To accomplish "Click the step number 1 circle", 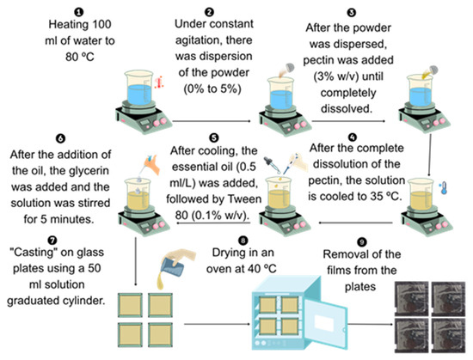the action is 79,12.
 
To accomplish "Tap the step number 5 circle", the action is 213,137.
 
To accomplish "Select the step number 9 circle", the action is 362,242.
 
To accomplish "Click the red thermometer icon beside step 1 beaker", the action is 159,82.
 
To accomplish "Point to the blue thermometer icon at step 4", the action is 443,187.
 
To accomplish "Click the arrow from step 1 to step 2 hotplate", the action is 212,121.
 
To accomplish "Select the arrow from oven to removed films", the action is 371,325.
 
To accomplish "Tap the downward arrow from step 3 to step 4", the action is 429,156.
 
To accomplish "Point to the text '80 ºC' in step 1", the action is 80,57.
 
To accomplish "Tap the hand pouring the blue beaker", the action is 183,256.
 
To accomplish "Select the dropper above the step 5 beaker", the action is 272,165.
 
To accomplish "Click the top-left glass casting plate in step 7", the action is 130,305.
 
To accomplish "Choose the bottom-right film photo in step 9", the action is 448,335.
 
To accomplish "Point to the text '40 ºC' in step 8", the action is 262,268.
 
